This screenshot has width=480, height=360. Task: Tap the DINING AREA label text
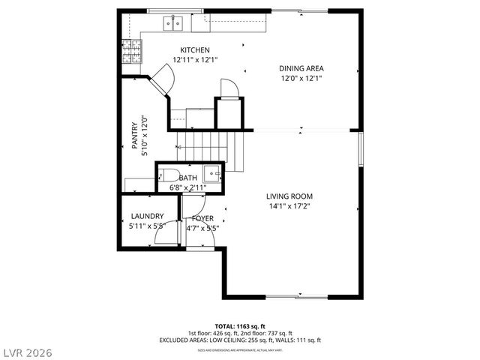(x=301, y=68)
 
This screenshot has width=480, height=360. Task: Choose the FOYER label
(x=202, y=218)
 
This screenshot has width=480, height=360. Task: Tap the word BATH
(x=187, y=178)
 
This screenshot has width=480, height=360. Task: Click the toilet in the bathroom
(x=163, y=176)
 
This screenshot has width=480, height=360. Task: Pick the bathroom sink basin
(x=216, y=174)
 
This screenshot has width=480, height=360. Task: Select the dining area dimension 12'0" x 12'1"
(x=301, y=78)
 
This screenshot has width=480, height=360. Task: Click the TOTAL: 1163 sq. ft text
(x=239, y=326)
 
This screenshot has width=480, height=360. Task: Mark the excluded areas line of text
(x=239, y=340)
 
